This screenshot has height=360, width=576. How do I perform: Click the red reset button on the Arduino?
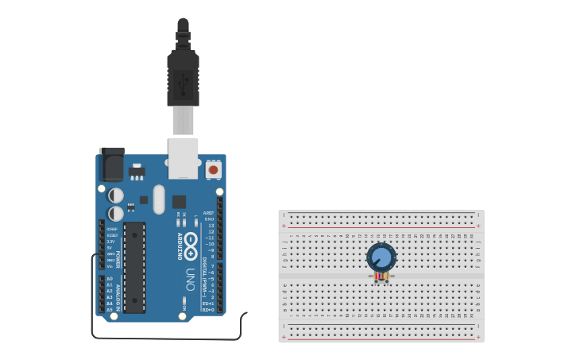(213, 169)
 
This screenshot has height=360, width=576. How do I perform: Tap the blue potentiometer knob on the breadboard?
(381, 257)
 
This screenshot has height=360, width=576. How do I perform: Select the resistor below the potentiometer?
(382, 277)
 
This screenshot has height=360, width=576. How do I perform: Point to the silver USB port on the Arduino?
(183, 157)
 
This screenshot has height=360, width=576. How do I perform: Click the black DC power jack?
(112, 165)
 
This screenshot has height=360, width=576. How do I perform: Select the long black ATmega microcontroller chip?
(134, 267)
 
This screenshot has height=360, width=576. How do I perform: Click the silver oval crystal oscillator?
(159, 199)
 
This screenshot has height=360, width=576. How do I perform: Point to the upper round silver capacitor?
(116, 195)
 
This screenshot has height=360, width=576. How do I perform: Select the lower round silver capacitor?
(116, 213)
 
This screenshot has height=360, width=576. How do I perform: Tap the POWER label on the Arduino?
(119, 259)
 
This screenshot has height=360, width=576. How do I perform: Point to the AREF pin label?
(209, 213)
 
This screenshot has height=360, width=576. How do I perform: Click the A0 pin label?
(109, 279)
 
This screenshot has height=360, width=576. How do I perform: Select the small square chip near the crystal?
(179, 202)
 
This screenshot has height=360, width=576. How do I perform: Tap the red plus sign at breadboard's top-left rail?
(284, 226)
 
